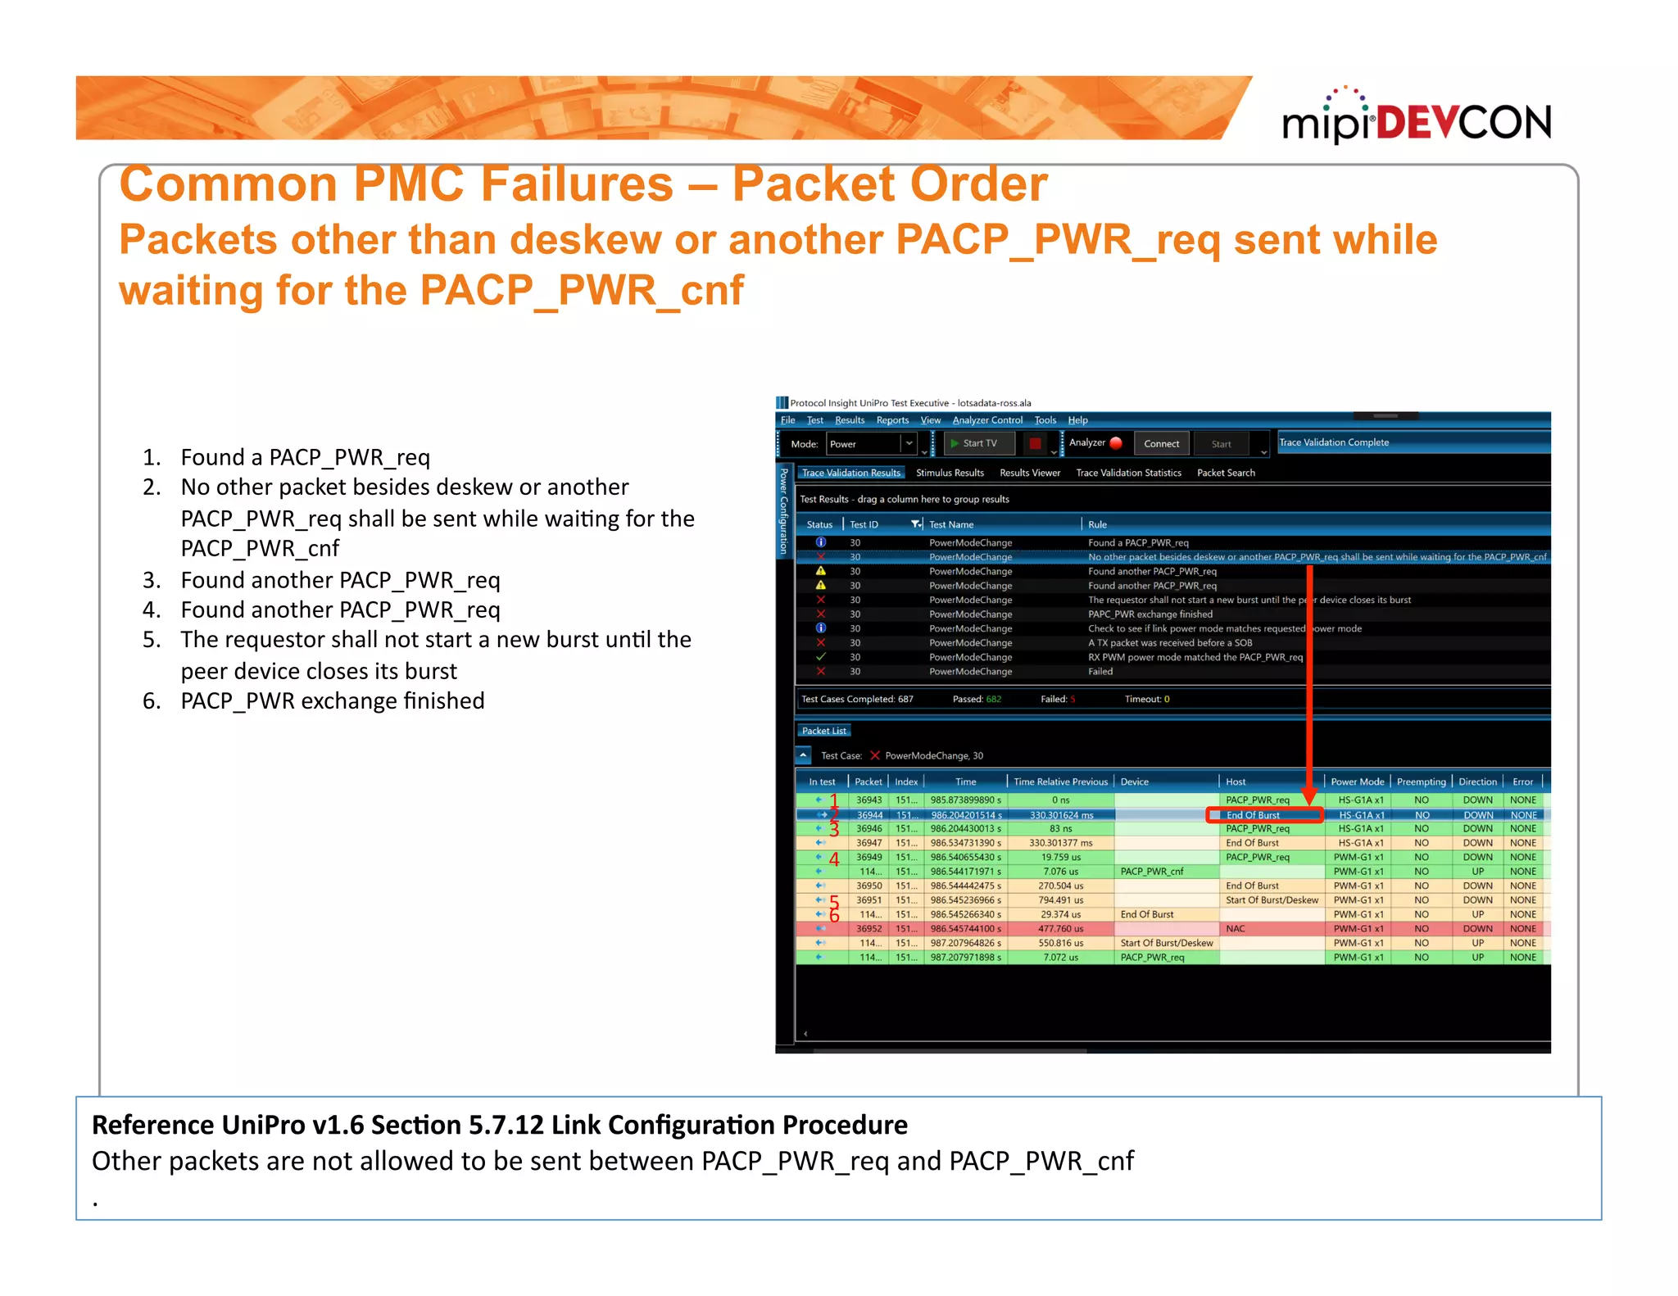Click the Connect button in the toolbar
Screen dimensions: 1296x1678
point(1161,444)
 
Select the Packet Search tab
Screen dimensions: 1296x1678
point(1226,473)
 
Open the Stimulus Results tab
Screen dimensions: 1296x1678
point(950,473)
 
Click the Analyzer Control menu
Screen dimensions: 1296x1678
point(987,420)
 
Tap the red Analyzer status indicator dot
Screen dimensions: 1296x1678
point(1116,443)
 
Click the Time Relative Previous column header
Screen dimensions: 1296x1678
point(1060,782)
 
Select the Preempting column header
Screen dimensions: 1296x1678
point(1421,782)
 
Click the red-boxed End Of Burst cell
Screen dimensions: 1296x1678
point(1263,815)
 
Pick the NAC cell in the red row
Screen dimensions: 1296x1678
point(1236,929)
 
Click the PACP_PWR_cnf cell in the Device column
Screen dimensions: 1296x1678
point(1152,872)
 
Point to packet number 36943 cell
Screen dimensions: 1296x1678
point(868,800)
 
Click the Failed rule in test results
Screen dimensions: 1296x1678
point(1100,672)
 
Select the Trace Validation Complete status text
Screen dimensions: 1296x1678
point(1334,442)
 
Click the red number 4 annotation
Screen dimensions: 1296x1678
point(834,859)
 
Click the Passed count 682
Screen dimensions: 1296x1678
point(993,700)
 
